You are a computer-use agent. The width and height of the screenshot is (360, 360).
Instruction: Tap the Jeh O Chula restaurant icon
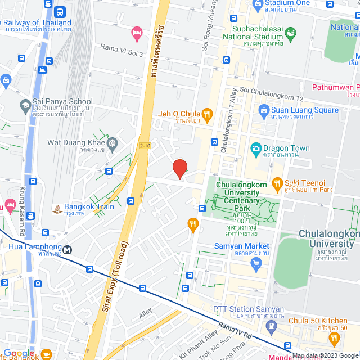206,115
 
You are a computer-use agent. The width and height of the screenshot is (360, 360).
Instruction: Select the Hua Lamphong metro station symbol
67,249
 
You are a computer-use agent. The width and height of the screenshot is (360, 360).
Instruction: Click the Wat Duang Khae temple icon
112,142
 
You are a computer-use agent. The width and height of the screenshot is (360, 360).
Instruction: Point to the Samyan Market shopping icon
257,264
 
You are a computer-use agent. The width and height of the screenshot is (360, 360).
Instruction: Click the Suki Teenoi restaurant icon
277,183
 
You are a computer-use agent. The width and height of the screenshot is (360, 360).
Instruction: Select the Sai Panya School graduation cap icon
25,105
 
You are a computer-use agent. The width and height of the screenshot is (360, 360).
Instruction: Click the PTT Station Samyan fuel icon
272,325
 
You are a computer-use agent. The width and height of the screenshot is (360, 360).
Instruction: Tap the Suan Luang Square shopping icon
263,110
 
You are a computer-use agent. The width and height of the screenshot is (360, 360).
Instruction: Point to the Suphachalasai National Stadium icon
290,37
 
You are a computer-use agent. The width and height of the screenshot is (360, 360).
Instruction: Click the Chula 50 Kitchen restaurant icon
335,338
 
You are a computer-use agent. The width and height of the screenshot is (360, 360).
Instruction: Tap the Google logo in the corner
19,354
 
